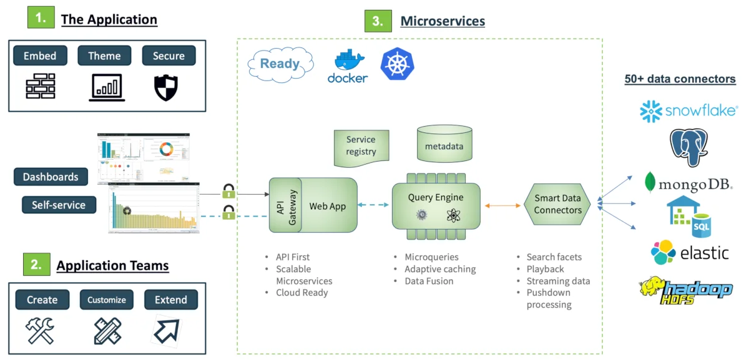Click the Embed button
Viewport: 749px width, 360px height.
pos(40,56)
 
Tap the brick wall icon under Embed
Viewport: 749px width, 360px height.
pos(40,87)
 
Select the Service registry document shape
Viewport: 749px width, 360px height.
pos(361,147)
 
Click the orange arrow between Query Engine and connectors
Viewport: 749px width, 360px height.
pos(502,205)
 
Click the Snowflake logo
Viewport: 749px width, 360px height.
pos(688,111)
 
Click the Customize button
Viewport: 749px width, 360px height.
pos(106,299)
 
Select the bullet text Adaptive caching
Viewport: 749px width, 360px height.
pos(440,269)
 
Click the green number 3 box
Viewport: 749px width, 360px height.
pos(377,21)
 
